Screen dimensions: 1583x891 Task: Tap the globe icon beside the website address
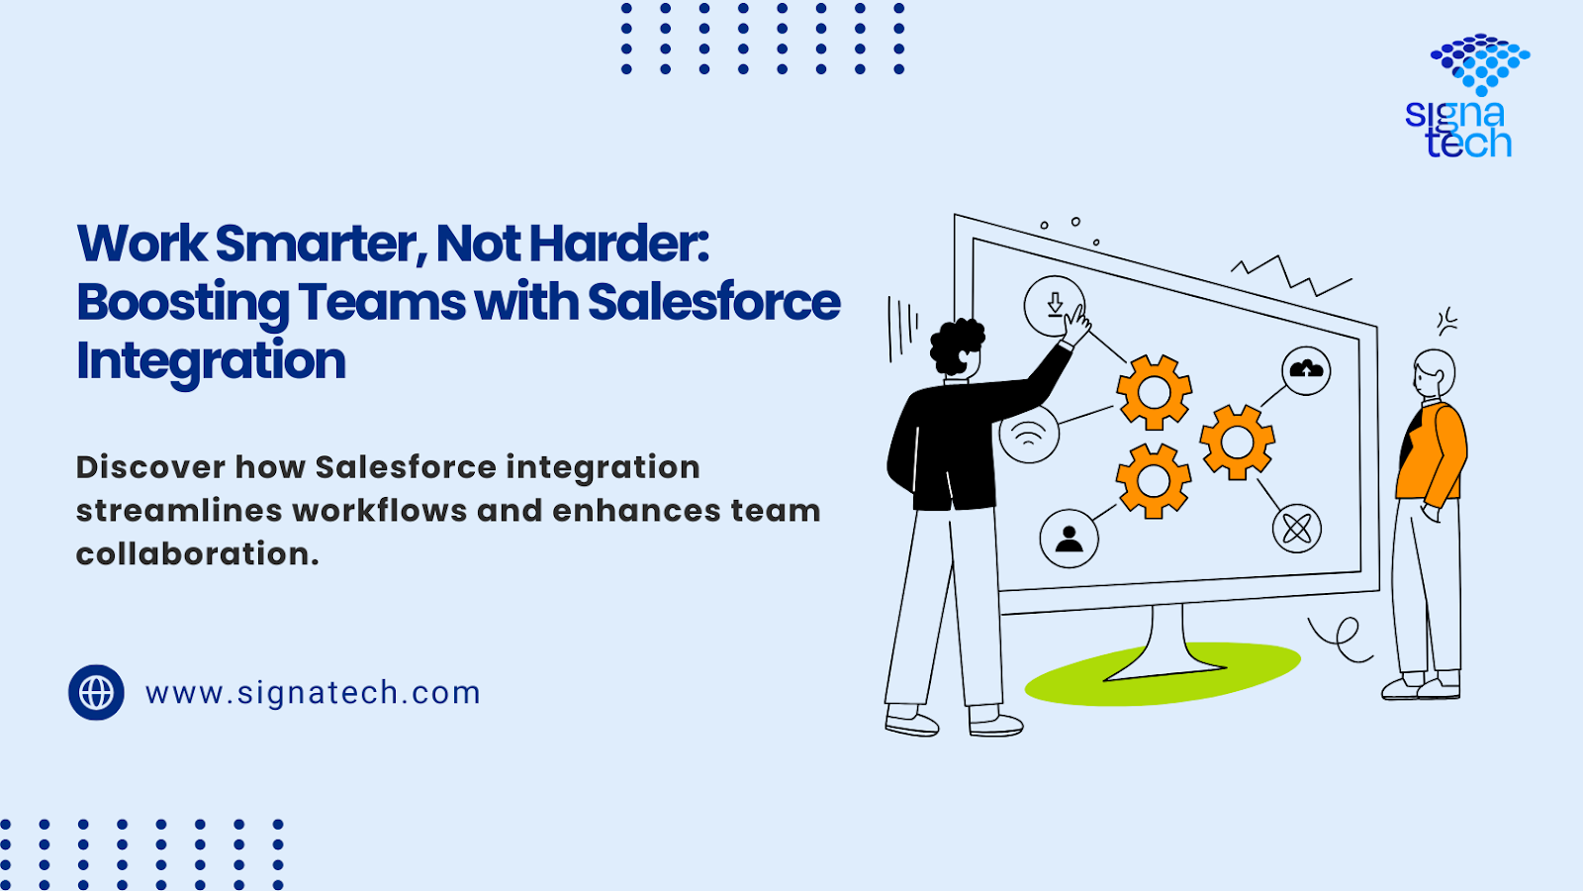pyautogui.click(x=96, y=692)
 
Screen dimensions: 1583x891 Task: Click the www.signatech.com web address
pyautogui.click(x=313, y=693)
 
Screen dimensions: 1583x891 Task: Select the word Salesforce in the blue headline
pyautogui.click(x=713, y=302)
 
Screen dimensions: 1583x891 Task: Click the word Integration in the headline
pyautogui.click(x=211, y=361)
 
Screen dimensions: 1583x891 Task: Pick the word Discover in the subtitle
pyautogui.click(x=150, y=467)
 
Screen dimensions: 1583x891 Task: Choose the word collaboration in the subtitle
pyautogui.click(x=197, y=553)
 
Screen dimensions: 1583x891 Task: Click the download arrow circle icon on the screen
pyautogui.click(x=1055, y=306)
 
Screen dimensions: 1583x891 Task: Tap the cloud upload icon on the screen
pyautogui.click(x=1306, y=370)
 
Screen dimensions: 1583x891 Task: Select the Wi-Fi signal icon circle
pyautogui.click(x=1029, y=434)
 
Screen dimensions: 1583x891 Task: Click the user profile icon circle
pyautogui.click(x=1069, y=539)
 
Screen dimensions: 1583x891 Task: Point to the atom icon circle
pyautogui.click(x=1297, y=529)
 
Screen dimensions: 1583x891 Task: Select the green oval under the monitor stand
pyautogui.click(x=1163, y=674)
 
